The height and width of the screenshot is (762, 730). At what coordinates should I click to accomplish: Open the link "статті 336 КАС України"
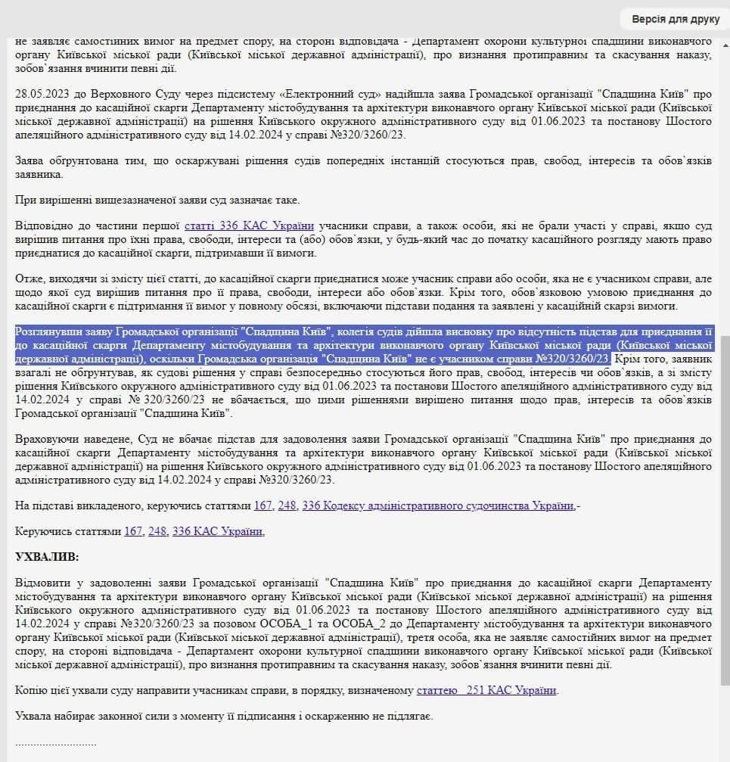point(249,225)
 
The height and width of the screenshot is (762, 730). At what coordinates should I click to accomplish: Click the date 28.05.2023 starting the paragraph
point(42,95)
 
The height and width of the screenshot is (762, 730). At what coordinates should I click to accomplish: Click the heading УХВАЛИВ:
point(47,557)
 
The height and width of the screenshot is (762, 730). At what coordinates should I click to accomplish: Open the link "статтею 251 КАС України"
point(486,690)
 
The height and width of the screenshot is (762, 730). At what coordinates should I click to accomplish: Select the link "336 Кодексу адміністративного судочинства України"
point(438,505)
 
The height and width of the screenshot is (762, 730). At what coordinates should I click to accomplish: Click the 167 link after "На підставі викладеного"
point(262,505)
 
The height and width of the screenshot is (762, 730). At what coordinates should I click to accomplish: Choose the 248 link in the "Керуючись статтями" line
point(157,531)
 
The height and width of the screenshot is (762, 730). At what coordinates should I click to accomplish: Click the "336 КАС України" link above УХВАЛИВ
point(218,531)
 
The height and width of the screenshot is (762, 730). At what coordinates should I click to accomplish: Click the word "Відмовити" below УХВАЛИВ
point(42,583)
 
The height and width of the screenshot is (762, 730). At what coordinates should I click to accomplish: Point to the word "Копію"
point(31,690)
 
